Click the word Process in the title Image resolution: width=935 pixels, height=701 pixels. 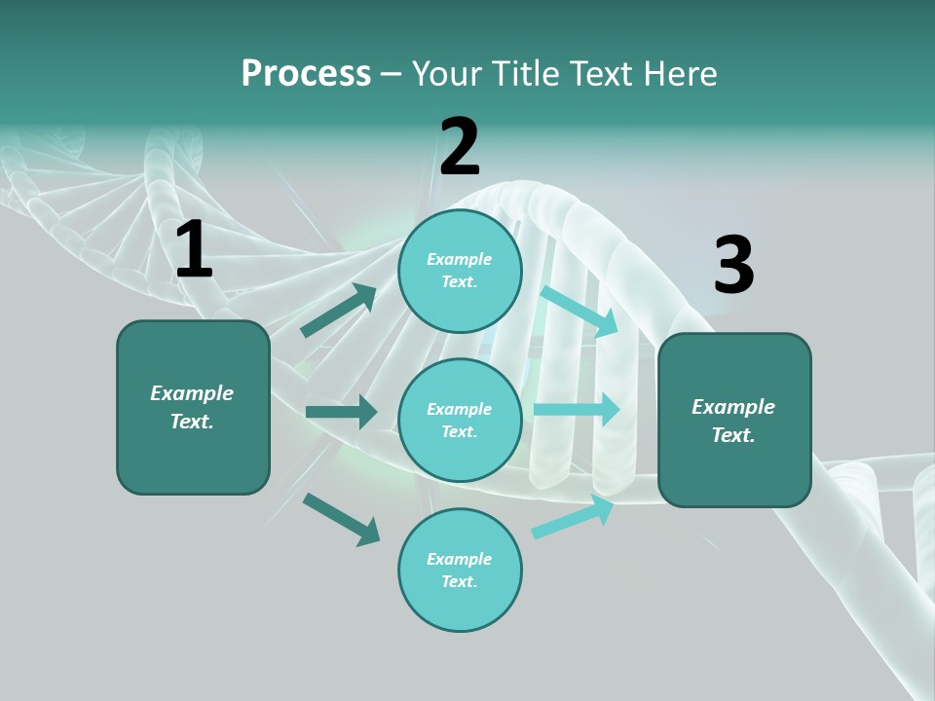pos(306,74)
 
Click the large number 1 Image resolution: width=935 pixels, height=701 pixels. pos(194,250)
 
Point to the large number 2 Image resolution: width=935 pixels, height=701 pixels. pos(460,147)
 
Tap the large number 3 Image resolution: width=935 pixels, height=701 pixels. pos(733,266)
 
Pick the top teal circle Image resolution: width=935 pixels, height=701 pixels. pos(460,271)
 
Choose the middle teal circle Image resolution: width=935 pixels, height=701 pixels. pos(460,421)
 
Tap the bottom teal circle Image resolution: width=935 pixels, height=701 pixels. pos(460,571)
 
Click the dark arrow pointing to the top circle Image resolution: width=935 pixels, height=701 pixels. pos(339,311)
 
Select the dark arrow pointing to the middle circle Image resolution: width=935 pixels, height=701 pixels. pos(341,412)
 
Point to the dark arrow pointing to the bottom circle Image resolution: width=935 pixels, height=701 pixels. pos(341,519)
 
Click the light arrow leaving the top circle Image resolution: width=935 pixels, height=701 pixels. pos(580,311)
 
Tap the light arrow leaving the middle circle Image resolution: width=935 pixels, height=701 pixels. pos(577,410)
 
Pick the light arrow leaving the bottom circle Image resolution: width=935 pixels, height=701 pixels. pos(574,517)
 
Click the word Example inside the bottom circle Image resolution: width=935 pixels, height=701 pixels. pos(460,559)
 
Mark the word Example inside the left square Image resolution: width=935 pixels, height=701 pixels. pos(192,393)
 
